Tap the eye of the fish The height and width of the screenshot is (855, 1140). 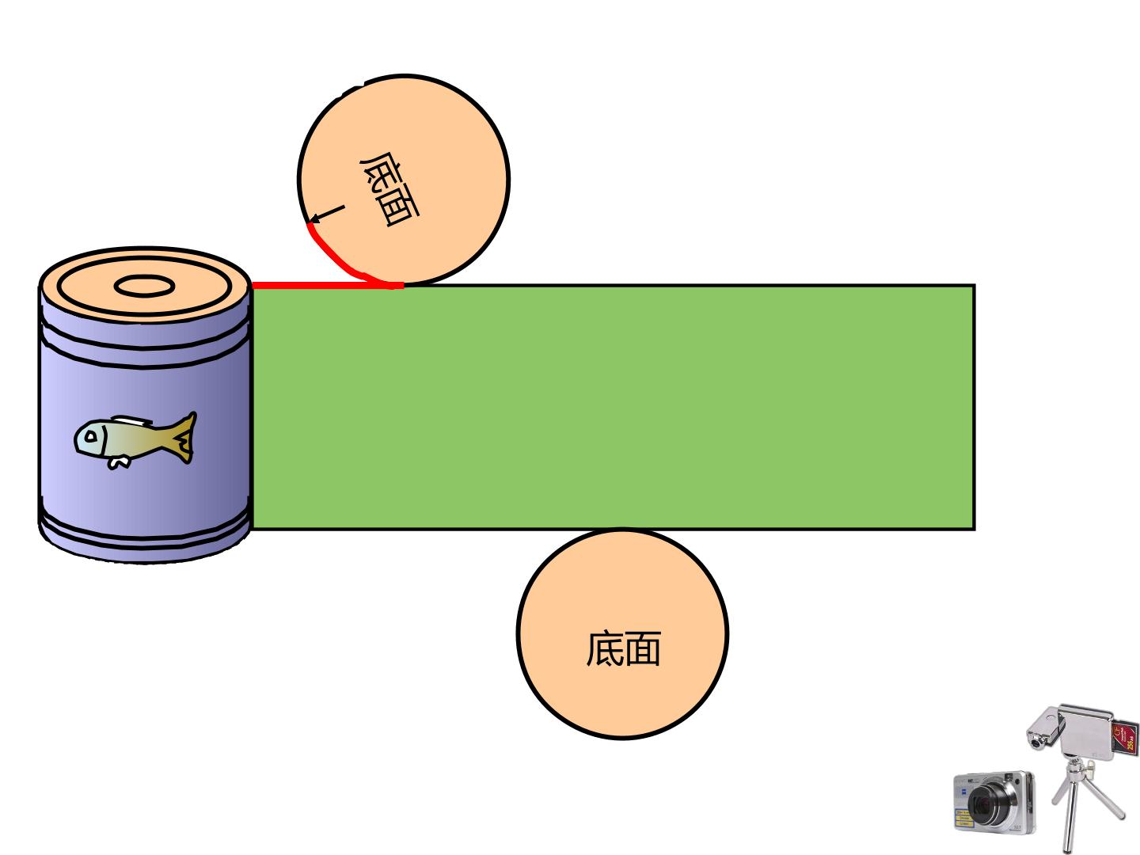tap(91, 436)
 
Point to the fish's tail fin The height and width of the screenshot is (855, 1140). tap(184, 438)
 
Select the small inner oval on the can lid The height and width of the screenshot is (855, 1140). tap(144, 286)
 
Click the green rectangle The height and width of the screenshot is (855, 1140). tap(613, 407)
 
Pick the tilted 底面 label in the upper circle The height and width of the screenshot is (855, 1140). tap(389, 189)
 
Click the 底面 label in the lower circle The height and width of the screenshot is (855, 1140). tap(624, 648)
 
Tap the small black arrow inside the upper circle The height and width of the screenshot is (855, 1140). tap(327, 214)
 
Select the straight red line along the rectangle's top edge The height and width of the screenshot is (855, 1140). tap(328, 285)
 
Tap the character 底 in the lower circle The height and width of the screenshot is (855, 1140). tap(605, 648)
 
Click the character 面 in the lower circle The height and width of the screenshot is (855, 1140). tap(643, 648)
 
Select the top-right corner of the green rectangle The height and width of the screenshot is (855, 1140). tap(975, 284)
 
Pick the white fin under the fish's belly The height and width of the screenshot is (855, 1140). tap(119, 462)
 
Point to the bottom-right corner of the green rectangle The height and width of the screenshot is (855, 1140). tap(975, 530)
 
